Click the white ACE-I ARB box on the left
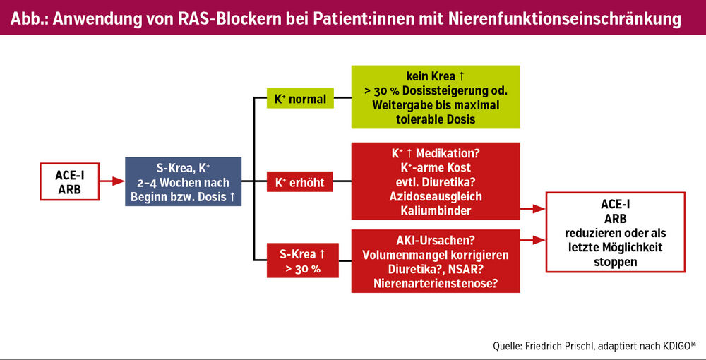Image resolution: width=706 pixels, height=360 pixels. coord(70,181)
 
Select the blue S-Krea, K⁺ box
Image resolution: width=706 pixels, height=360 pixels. coord(184,181)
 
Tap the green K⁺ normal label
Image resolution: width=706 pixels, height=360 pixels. coord(300,98)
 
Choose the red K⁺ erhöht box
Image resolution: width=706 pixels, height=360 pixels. coord(300,181)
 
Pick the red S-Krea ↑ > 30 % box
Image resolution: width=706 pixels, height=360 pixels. coord(303,260)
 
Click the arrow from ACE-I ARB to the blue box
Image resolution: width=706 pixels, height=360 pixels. coord(112,181)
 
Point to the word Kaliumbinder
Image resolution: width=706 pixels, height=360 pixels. coord(436,210)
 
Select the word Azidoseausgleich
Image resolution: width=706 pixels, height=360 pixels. coord(436,196)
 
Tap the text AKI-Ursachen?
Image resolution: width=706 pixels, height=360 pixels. coord(436,240)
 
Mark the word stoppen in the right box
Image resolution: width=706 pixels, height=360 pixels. coord(616,262)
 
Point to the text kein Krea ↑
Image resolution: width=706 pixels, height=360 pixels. coord(436,76)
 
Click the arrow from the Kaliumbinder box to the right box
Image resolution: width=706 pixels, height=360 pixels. coord(533,209)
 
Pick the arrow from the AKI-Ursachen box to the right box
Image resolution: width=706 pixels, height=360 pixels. coord(533,240)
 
